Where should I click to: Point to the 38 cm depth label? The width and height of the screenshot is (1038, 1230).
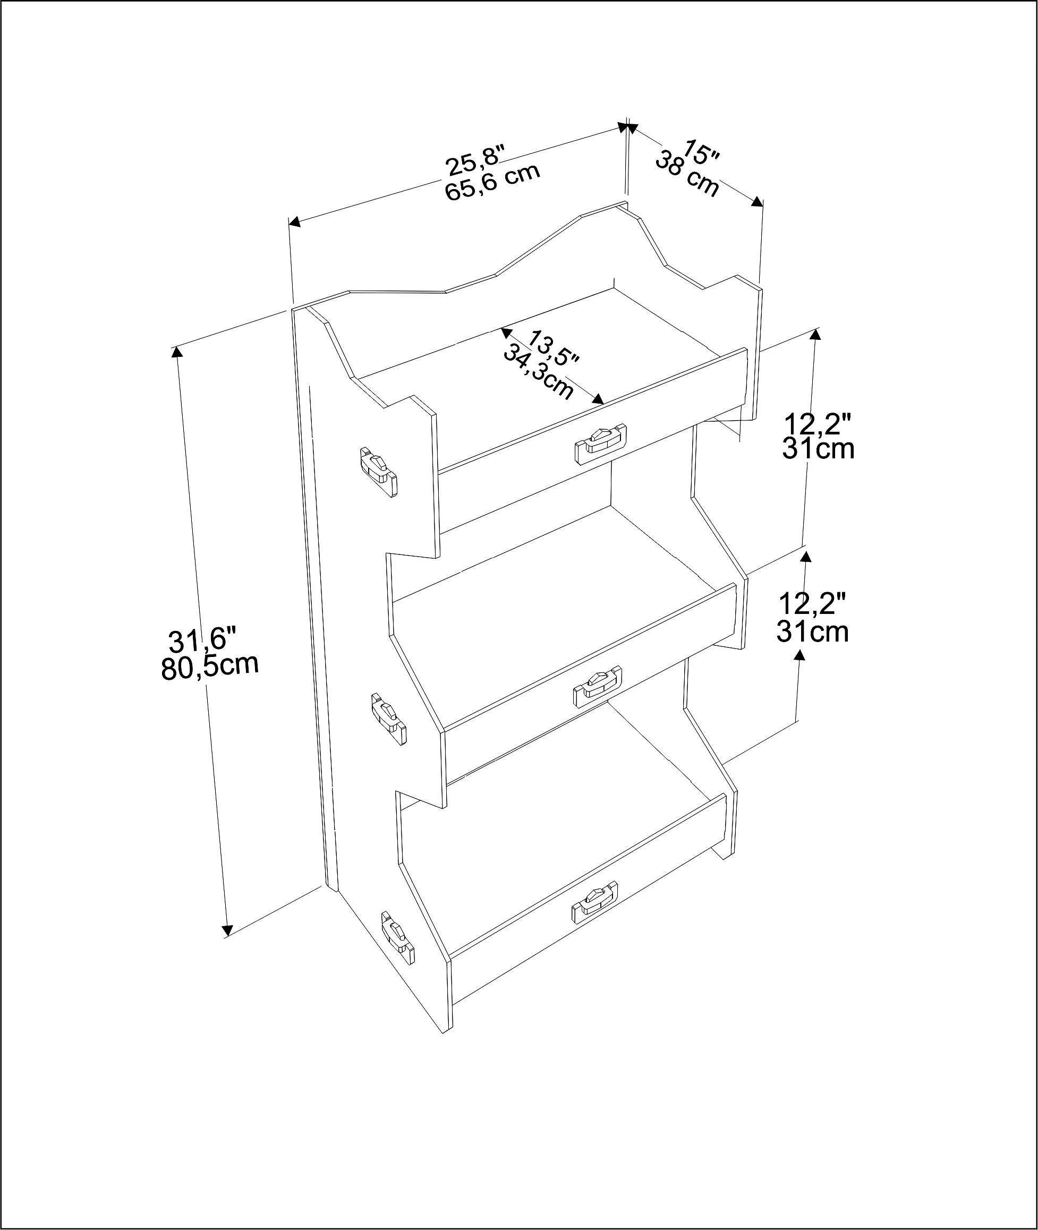click(x=687, y=174)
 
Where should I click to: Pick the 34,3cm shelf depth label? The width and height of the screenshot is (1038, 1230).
click(x=538, y=372)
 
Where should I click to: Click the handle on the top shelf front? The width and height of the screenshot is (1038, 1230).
click(x=601, y=441)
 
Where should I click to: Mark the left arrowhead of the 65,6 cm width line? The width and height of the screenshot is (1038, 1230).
click(x=295, y=222)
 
